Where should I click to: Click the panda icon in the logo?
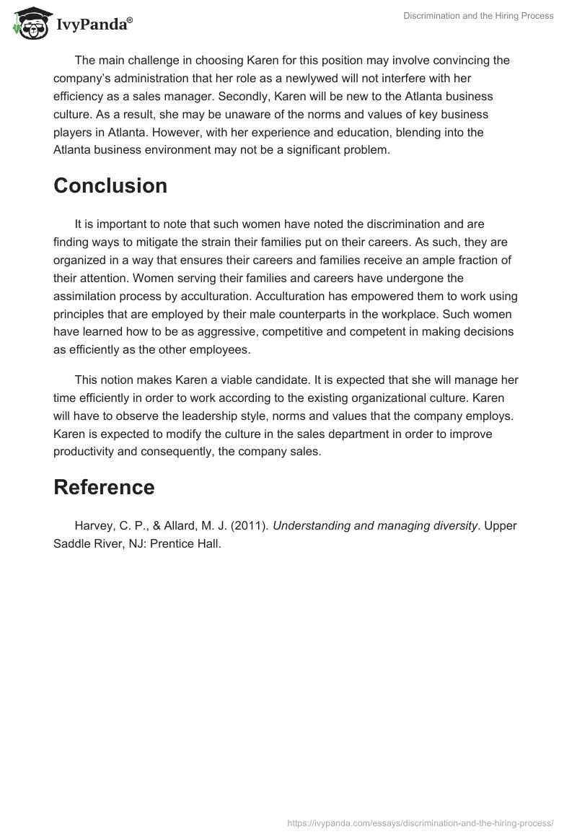coord(28,23)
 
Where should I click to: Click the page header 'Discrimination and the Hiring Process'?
coord(477,16)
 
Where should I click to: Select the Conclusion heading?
coord(110,185)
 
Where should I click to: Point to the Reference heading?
coord(104,487)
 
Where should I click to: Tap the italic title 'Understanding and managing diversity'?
coord(375,525)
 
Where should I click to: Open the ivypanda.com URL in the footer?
coord(420,822)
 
